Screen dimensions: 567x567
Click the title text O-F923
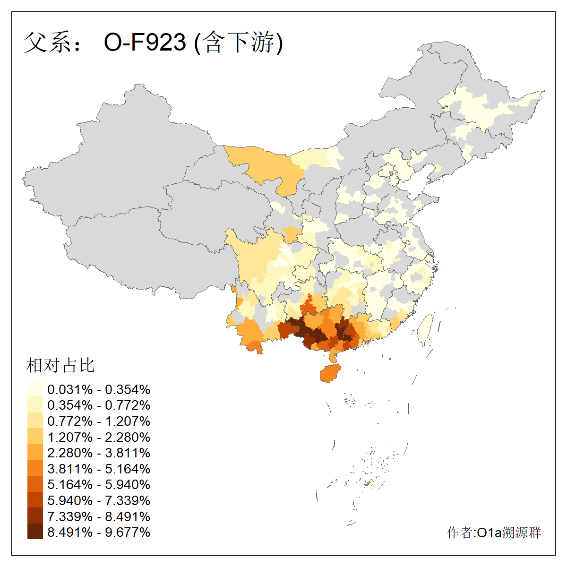(x=145, y=43)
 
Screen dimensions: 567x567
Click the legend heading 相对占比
(x=60, y=365)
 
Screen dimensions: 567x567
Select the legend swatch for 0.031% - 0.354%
(x=35, y=389)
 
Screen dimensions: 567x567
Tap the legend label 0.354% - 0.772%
(x=99, y=405)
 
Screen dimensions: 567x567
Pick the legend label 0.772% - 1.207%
(x=99, y=421)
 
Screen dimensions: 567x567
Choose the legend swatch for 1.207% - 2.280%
(x=35, y=437)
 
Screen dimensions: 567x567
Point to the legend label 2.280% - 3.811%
(x=99, y=453)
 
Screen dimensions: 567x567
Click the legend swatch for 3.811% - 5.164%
(x=35, y=469)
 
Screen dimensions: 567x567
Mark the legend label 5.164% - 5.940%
(x=99, y=484)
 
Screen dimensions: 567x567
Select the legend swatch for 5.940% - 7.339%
(x=35, y=500)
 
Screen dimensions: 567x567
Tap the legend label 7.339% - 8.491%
(x=99, y=516)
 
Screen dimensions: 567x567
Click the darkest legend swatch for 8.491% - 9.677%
(x=35, y=532)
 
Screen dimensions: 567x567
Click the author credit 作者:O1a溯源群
(x=494, y=533)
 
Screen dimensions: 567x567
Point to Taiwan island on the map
(x=426, y=328)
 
